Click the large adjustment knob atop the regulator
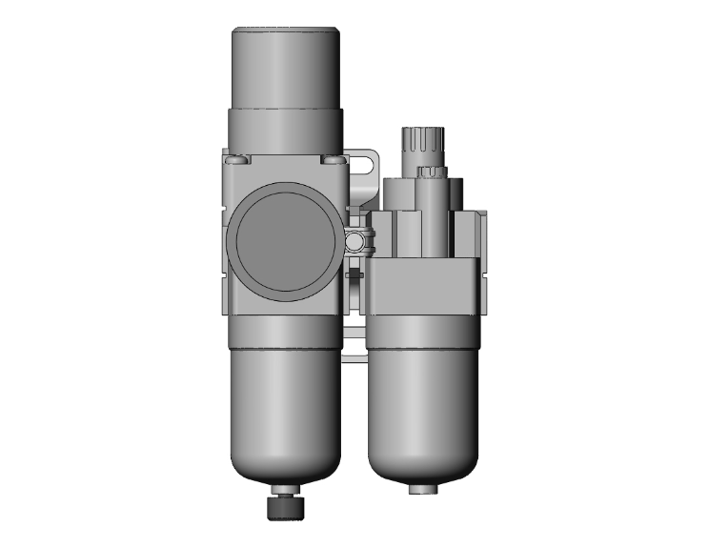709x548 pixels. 286,67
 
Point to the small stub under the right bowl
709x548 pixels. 420,488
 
